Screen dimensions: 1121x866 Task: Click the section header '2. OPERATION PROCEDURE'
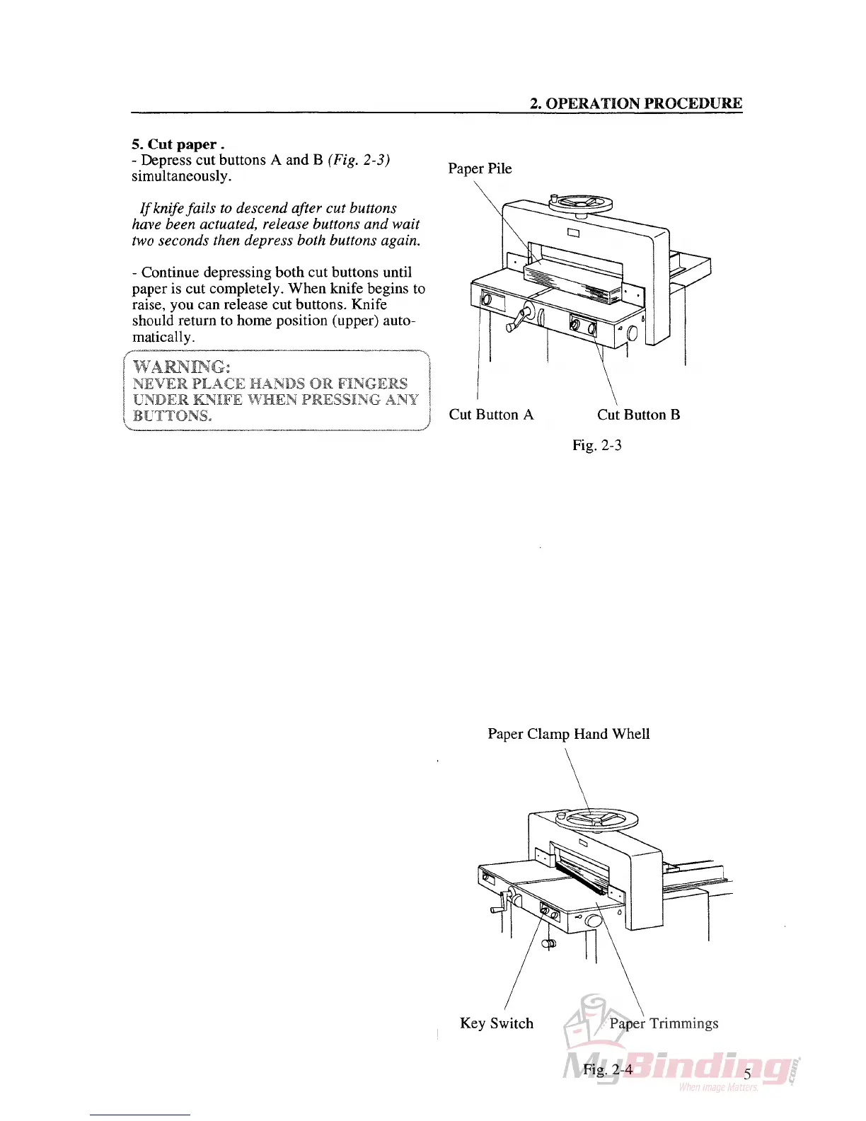[636, 103]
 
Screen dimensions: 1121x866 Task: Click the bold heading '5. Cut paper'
[178, 144]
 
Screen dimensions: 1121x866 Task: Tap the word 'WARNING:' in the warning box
[182, 367]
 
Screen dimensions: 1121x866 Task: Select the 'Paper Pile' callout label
[480, 168]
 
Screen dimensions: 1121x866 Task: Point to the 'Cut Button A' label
[491, 415]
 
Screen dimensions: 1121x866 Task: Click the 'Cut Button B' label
[638, 415]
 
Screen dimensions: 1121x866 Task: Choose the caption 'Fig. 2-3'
[597, 445]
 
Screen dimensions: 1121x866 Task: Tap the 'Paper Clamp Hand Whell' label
[568, 734]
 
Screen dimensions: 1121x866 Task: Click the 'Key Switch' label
[496, 1023]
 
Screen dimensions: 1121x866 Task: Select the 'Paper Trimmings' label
[664, 1023]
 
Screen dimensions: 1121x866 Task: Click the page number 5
[747, 1074]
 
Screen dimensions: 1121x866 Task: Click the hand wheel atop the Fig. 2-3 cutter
[582, 203]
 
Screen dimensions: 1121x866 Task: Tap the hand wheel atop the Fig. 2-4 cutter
[598, 820]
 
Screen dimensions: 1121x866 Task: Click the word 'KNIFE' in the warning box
[197, 399]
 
